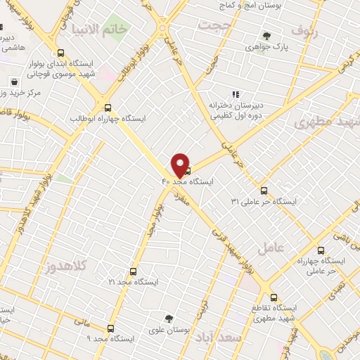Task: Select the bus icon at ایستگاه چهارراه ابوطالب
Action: coord(108,108)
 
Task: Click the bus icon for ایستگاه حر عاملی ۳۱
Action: coord(264,190)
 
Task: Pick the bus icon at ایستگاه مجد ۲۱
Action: coord(134,270)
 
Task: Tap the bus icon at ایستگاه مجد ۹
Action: coord(110,328)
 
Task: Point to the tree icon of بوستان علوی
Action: coord(168,318)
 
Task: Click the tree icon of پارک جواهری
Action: coord(266,36)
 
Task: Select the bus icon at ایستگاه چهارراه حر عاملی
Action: coord(321,250)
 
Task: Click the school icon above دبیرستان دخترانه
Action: coord(236,94)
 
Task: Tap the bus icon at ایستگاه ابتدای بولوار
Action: coord(60,53)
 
